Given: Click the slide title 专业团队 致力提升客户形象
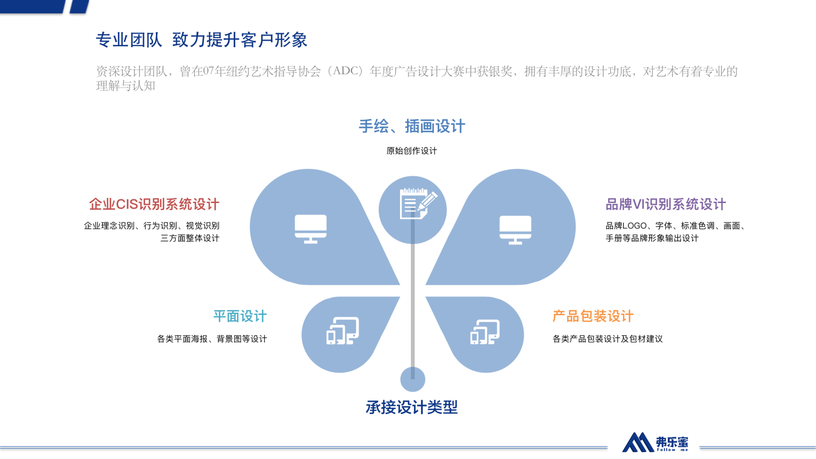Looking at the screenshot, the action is tap(202, 40).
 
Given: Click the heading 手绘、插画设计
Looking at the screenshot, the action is tap(412, 126).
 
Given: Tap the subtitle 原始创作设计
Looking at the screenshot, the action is tap(412, 151).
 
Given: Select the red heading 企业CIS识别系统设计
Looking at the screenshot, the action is tap(154, 204).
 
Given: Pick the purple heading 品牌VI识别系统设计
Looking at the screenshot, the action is tap(666, 204).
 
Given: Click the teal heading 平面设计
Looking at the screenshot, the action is tap(240, 316).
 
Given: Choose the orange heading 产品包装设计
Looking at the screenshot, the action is tap(593, 316).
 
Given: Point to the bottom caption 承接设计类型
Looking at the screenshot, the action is tap(412, 407).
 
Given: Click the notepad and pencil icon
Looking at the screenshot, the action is tap(418, 204).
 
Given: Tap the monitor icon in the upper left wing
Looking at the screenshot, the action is tap(311, 229).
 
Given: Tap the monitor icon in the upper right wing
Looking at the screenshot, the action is tap(516, 230).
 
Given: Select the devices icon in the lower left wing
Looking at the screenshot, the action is tap(342, 331).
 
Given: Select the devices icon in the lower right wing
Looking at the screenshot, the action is tap(485, 332).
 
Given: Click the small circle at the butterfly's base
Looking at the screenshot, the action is tap(413, 379).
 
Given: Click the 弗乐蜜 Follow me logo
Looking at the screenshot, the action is tap(655, 442).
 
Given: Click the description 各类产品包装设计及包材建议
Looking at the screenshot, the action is tap(608, 339).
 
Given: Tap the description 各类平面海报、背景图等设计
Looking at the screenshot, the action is tap(212, 339).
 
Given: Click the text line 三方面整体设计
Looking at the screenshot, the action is tap(190, 238).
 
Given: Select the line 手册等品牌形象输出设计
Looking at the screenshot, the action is tap(652, 238).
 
